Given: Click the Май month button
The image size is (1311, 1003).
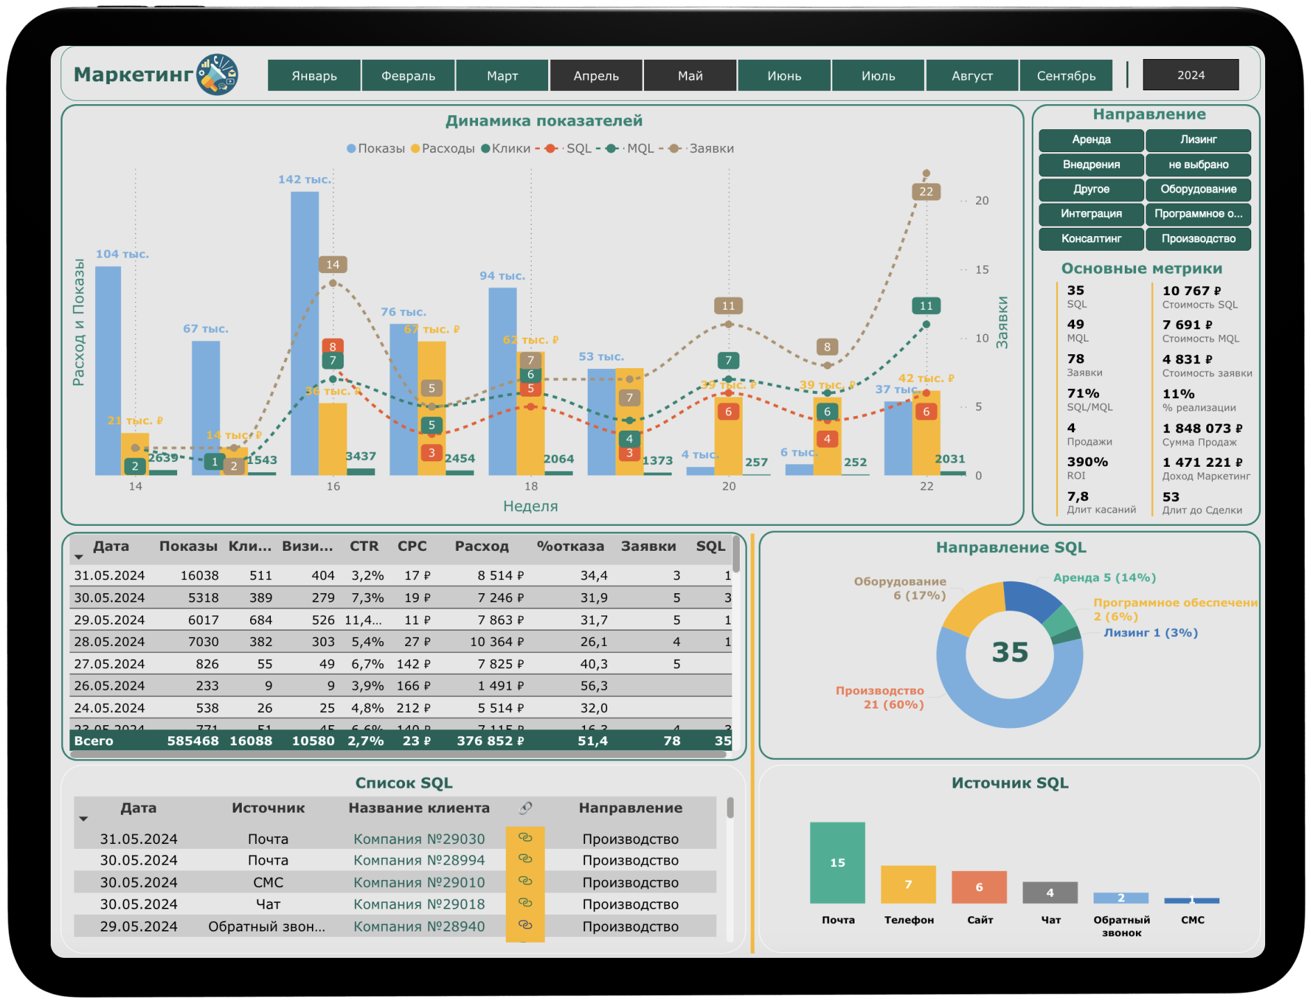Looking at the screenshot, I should point(690,75).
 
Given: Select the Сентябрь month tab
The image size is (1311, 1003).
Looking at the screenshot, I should point(1066,75).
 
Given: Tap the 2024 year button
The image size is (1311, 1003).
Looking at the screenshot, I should point(1190,75).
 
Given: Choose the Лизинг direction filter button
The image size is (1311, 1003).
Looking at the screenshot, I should point(1198,140).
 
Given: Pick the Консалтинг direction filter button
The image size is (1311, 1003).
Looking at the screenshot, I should point(1091,239).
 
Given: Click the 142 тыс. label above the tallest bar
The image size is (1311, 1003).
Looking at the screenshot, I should point(304,179).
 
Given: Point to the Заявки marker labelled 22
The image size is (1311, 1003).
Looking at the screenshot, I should point(926,192).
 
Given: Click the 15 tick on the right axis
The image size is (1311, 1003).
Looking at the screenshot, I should point(981,270).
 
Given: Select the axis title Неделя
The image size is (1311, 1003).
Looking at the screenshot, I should point(530,506).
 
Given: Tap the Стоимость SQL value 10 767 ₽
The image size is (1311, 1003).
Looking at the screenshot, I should point(1191,291).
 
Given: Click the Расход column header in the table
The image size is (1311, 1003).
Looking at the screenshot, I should point(481,547).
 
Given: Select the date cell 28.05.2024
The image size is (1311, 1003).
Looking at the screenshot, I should point(109,642).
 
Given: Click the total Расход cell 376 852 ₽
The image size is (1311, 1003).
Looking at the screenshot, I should point(490,741).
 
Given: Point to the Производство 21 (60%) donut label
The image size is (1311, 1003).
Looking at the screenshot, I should point(880,697).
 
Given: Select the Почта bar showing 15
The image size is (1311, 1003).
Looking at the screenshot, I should point(837,863).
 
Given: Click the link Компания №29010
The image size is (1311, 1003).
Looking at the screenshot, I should point(419,883).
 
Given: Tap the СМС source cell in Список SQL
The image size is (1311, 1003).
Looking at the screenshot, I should point(268,883).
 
